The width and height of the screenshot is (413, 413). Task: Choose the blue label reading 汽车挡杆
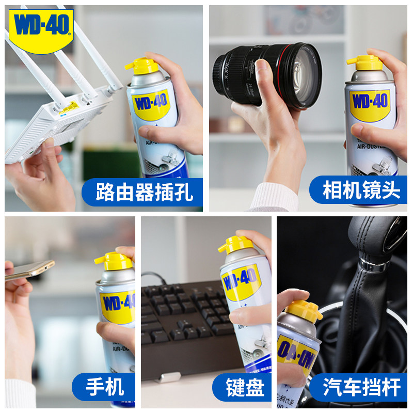[x=361, y=387]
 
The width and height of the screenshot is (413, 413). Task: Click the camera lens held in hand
[x=268, y=75]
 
